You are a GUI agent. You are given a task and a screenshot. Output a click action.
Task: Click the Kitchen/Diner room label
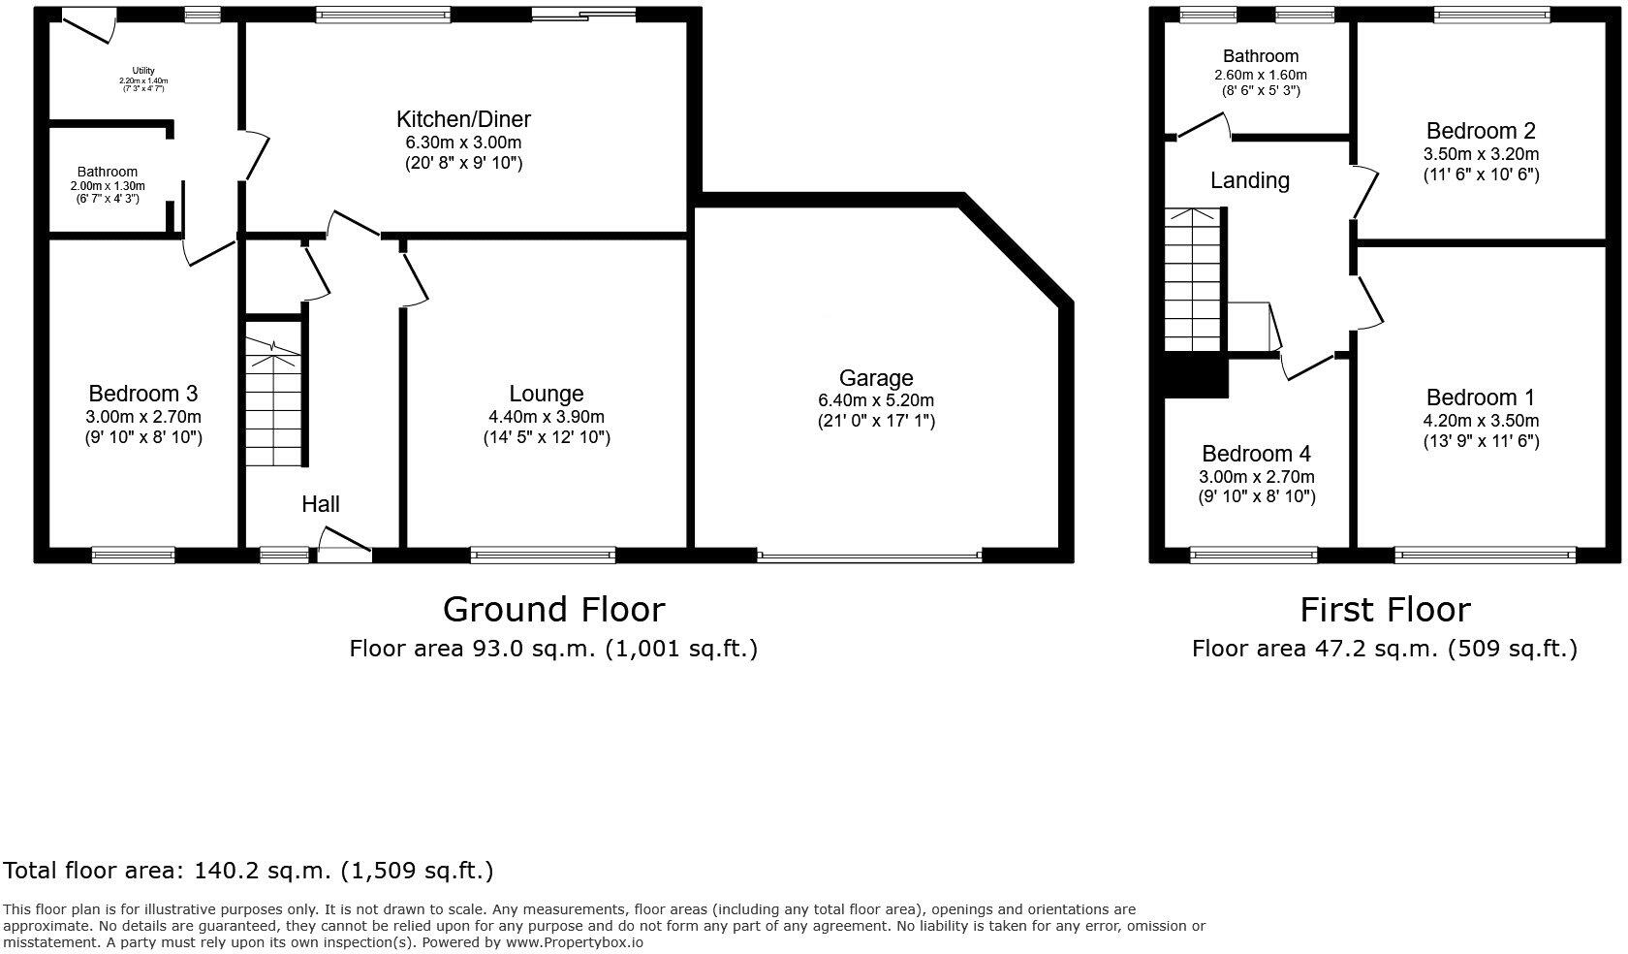pos(463,120)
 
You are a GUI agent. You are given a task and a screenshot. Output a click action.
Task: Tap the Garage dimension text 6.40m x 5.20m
pos(876,399)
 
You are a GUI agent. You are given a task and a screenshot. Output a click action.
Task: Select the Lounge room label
pos(547,394)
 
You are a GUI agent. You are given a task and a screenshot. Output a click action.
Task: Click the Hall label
pos(321,504)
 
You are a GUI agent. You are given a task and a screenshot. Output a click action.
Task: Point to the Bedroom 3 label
pos(143,394)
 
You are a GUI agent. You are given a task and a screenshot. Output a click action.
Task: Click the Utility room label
pos(143,70)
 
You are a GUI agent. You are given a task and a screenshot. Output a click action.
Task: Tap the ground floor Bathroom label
pos(108,172)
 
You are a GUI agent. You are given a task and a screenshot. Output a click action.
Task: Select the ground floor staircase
pos(274,402)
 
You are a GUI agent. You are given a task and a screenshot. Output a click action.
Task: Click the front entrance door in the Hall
pos(344,548)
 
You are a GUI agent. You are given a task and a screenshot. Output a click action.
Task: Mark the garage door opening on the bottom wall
pos(869,556)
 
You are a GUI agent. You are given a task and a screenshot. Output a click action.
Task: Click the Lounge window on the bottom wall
pos(543,556)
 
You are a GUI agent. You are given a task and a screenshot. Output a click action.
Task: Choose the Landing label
pos(1250,180)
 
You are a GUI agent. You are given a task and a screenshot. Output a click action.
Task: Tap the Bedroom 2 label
pos(1481,131)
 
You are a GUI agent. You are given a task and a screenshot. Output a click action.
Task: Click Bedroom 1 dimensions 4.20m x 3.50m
pos(1481,421)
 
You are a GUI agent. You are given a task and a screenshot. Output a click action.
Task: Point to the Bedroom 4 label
pos(1257,454)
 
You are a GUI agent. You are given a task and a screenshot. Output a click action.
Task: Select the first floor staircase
pos(1193,281)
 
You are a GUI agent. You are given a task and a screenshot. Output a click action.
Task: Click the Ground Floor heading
pos(553,610)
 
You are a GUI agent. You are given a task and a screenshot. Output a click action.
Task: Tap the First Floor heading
pos(1385,610)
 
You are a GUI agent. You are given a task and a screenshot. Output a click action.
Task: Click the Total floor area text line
pos(249,871)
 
